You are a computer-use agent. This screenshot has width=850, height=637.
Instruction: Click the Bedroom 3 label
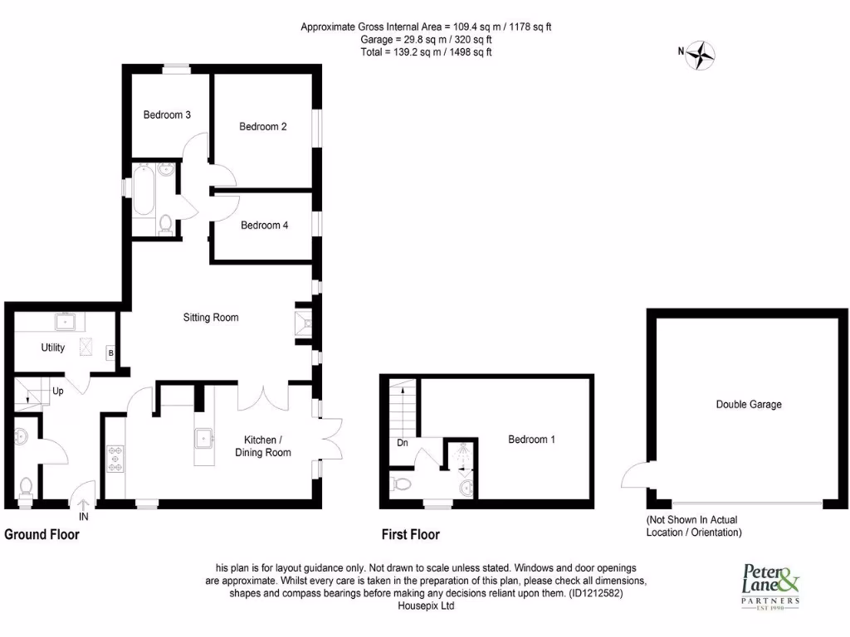[167, 114]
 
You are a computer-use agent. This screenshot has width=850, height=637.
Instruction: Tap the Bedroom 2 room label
[263, 127]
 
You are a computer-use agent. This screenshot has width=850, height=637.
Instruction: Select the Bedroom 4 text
[265, 225]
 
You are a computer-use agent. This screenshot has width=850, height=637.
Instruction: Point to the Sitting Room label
[211, 317]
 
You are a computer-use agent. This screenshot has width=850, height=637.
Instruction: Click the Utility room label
[53, 348]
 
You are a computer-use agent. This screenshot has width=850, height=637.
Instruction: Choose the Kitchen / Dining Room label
[263, 445]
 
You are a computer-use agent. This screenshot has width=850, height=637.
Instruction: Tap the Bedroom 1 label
[532, 440]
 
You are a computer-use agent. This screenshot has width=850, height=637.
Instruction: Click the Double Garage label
[749, 405]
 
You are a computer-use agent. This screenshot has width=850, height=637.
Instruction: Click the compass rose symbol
[702, 55]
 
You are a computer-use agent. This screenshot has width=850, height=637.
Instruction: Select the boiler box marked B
[110, 354]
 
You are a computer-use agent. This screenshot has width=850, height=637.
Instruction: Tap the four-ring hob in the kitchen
[114, 459]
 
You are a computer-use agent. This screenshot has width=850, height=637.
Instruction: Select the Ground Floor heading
[42, 535]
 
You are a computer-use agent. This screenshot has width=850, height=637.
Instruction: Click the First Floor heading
[410, 535]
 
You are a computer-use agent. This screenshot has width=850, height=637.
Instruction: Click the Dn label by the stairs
[403, 444]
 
